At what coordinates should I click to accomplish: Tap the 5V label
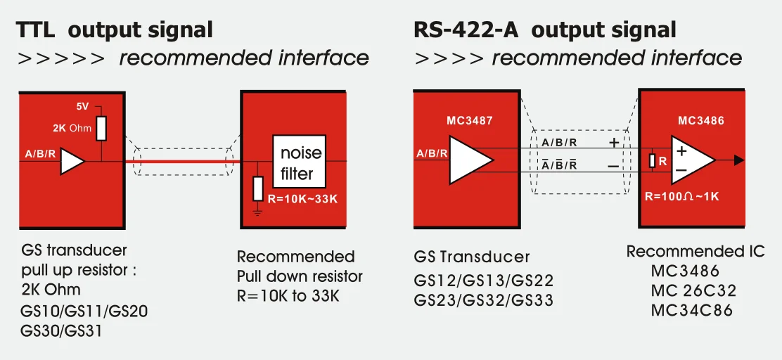83,106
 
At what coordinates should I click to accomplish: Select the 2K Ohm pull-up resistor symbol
101,128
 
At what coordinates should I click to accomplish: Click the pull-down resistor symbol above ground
258,188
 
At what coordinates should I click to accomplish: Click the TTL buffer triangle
72,161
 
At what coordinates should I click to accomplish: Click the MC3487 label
469,121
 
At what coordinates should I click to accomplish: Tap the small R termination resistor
653,160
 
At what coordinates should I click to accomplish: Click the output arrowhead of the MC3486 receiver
738,160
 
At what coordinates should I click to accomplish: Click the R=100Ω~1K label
681,196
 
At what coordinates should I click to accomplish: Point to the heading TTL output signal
115,30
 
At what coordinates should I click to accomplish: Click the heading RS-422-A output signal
544,30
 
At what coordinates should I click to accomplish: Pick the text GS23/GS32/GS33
483,300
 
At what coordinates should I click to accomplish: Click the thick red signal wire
183,161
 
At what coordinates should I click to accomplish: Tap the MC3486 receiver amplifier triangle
689,160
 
